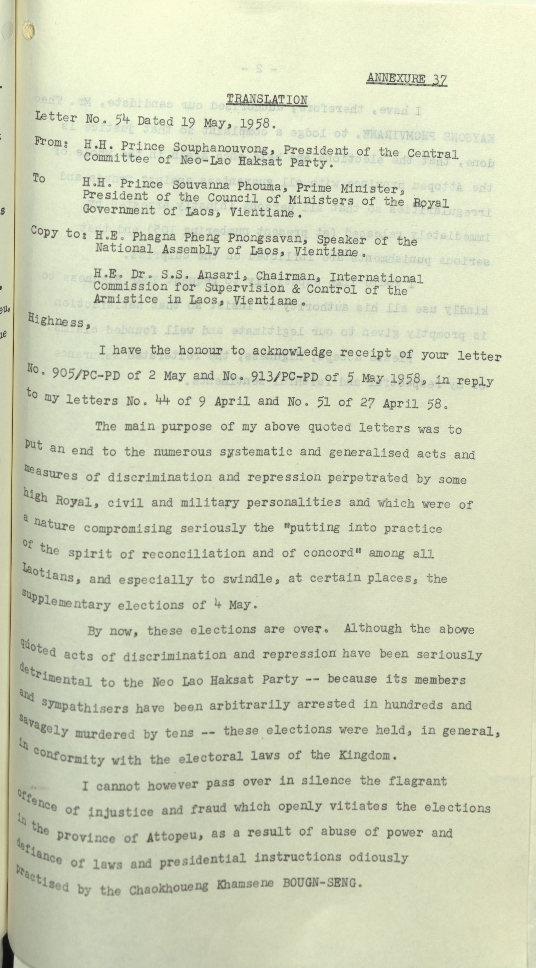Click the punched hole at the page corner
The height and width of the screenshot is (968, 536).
(x=28, y=29)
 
